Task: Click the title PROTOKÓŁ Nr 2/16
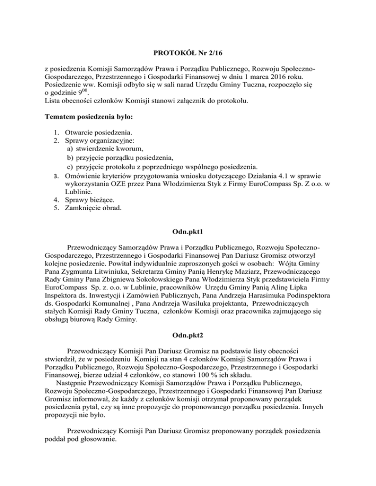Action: click(188, 53)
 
